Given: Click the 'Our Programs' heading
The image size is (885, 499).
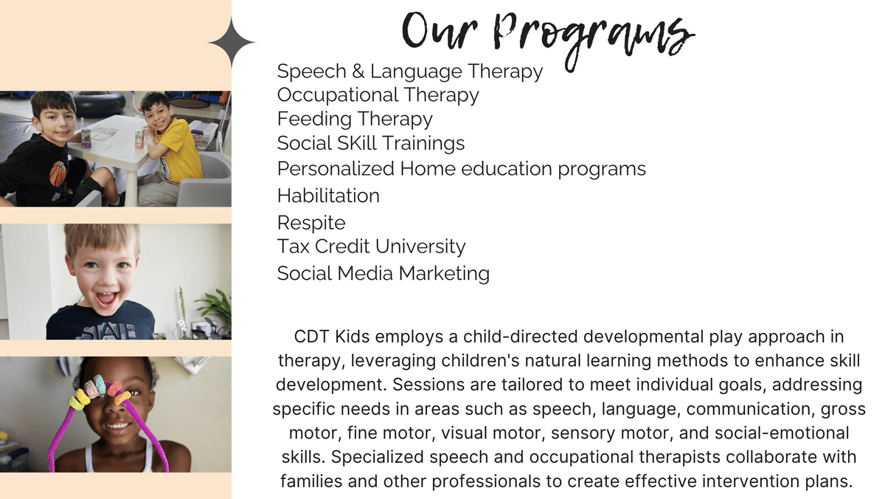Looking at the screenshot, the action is (549, 38).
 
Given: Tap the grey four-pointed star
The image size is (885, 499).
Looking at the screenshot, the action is (232, 42).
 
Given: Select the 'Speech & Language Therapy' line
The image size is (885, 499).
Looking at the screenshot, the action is (410, 72).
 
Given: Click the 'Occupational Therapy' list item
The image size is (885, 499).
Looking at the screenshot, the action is (378, 96).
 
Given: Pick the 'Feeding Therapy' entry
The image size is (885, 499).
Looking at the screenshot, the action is (355, 120).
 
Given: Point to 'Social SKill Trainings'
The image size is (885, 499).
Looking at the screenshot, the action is (370, 143).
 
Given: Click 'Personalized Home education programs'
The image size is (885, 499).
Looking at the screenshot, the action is (462, 169).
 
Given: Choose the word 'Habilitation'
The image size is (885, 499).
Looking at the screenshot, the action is (328, 196).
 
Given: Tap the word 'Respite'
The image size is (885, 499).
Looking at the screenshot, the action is (311, 223).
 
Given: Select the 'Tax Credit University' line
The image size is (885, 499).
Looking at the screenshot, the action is (372, 247).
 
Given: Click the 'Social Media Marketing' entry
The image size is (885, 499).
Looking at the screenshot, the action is (383, 274).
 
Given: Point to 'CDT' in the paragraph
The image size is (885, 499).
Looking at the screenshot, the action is (311, 337).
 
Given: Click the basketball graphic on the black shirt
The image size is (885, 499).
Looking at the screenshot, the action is (58, 173).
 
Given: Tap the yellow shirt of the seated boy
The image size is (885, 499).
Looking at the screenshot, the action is (178, 151).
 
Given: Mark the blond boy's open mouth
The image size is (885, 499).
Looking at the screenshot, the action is (106, 299).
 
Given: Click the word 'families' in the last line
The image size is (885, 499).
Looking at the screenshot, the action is (311, 481).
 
